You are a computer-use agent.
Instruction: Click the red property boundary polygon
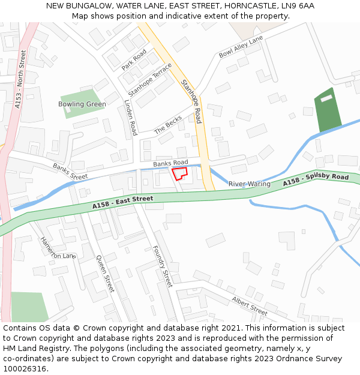point(179,173)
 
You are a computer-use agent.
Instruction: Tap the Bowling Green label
point(82,104)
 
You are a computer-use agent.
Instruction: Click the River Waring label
point(250,184)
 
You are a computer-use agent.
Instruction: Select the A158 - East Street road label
point(123,202)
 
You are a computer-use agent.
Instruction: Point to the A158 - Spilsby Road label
point(316,179)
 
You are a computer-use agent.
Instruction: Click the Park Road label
point(134,60)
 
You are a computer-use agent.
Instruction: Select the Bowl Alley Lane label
point(241,47)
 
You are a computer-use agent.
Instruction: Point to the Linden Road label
point(130,118)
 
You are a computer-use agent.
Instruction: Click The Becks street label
point(168,125)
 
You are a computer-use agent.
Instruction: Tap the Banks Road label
point(170,163)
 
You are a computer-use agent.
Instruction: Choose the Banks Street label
point(70,172)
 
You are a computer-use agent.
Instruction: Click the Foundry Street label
point(163,266)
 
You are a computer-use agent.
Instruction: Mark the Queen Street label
point(105,274)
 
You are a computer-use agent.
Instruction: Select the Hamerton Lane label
point(58,247)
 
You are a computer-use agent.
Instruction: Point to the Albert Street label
point(250,305)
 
